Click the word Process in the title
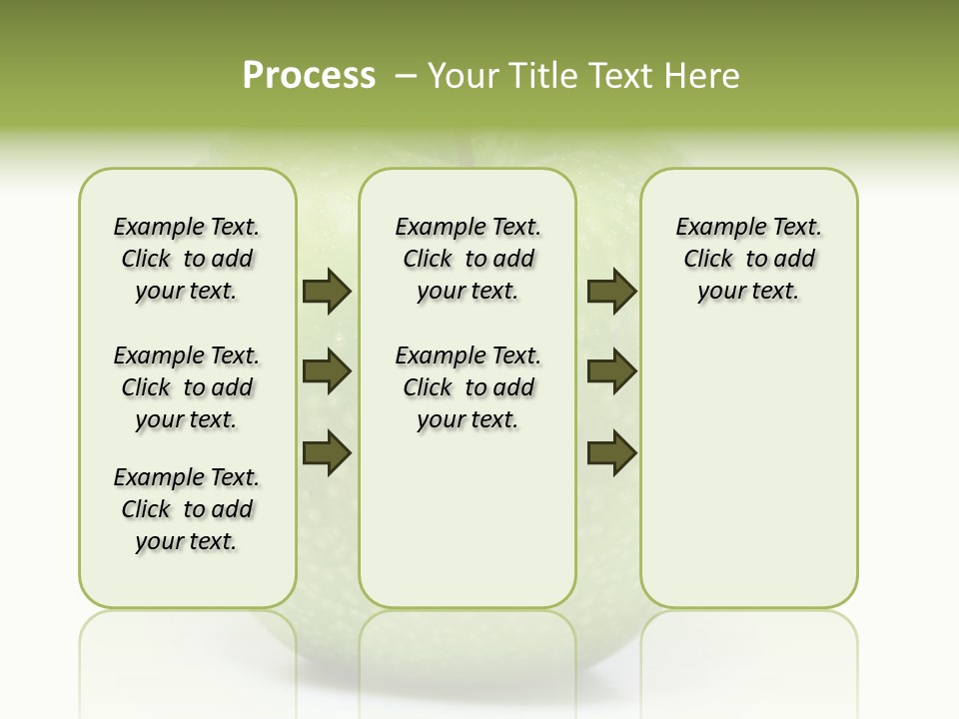pos(309,75)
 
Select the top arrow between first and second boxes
pos(327,292)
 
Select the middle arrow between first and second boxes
pos(327,371)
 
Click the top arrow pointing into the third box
pos(612,292)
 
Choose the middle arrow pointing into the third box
pos(612,371)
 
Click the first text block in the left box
pos(187,259)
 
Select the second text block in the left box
pos(187,387)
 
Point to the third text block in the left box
pos(187,509)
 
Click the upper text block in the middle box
pos(468,259)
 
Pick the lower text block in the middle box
pos(468,387)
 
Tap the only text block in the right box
pos(748,259)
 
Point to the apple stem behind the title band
pos(466,150)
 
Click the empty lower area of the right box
pos(748,479)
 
